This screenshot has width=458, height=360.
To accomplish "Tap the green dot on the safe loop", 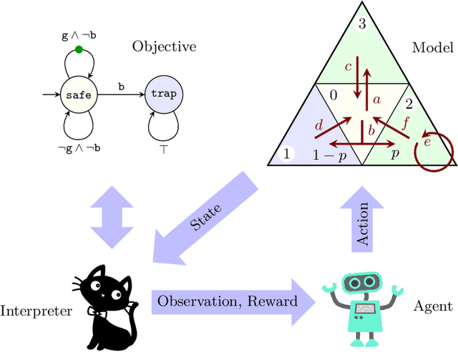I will [x=79, y=50].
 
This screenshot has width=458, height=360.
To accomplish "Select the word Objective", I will [x=164, y=47].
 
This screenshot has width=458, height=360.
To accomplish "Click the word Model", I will [x=432, y=49].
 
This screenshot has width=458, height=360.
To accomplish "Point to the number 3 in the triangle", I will [x=362, y=24].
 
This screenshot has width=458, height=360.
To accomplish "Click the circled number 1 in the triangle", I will [x=286, y=153].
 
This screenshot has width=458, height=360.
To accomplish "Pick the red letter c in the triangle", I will [x=349, y=67].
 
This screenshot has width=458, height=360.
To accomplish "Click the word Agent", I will [x=432, y=306].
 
